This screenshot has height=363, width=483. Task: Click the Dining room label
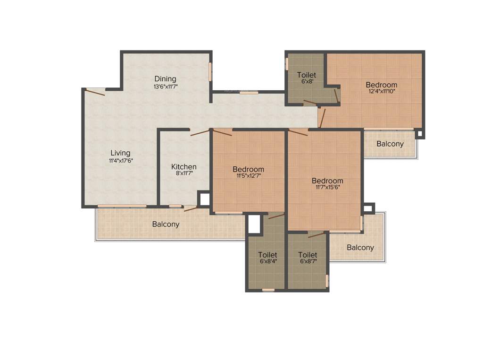165,79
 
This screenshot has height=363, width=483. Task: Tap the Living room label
120,153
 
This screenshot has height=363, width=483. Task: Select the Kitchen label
184,166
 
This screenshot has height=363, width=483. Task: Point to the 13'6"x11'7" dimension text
165,86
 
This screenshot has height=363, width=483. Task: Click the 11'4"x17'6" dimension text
120,160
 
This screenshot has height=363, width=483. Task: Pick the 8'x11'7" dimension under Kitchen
184,173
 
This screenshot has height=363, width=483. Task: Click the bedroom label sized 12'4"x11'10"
382,85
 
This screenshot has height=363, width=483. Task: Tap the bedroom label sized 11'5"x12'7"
248,169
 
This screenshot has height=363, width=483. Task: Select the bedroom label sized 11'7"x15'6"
327,181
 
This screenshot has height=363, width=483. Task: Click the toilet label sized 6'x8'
307,75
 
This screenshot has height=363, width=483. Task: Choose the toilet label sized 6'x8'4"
268,255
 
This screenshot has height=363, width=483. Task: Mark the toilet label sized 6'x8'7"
308,255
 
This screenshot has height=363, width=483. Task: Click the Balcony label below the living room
166,224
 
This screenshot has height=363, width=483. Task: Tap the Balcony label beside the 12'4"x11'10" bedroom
390,144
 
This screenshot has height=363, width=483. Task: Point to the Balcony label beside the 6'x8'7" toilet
360,247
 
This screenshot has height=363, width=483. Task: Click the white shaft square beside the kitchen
204,199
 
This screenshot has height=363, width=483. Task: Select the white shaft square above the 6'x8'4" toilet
254,225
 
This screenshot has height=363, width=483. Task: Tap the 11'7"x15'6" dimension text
327,187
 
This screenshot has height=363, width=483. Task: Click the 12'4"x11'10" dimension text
382,92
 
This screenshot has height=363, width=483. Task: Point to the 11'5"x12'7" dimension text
248,176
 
